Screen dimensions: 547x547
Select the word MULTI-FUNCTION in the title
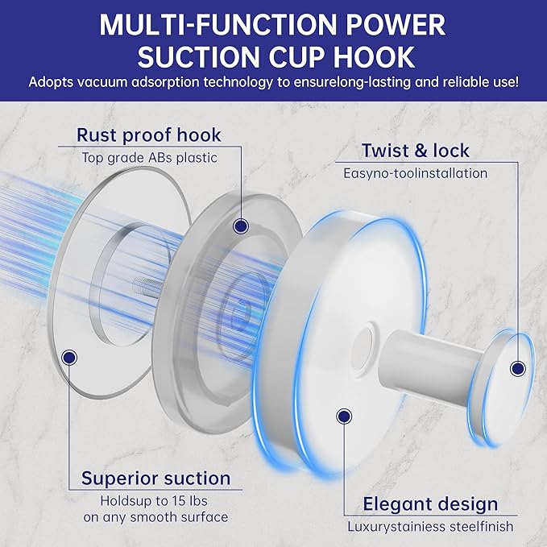click(x=219, y=24)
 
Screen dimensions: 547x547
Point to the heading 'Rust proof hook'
click(x=149, y=135)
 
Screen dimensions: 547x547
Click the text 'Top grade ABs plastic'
click(x=150, y=158)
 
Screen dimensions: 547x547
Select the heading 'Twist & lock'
click(x=416, y=151)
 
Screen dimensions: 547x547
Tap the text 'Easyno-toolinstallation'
click(x=415, y=173)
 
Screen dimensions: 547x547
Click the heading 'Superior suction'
click(x=156, y=479)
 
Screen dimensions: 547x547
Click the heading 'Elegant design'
click(x=430, y=504)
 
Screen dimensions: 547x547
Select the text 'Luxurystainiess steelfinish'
click(x=430, y=527)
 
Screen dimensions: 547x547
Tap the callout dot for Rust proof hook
click(x=241, y=226)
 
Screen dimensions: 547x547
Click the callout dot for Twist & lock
click(x=518, y=368)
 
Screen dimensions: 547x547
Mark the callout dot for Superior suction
click(x=69, y=357)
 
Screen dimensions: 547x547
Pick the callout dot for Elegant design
click(x=344, y=416)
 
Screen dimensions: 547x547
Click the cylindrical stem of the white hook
click(x=433, y=367)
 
